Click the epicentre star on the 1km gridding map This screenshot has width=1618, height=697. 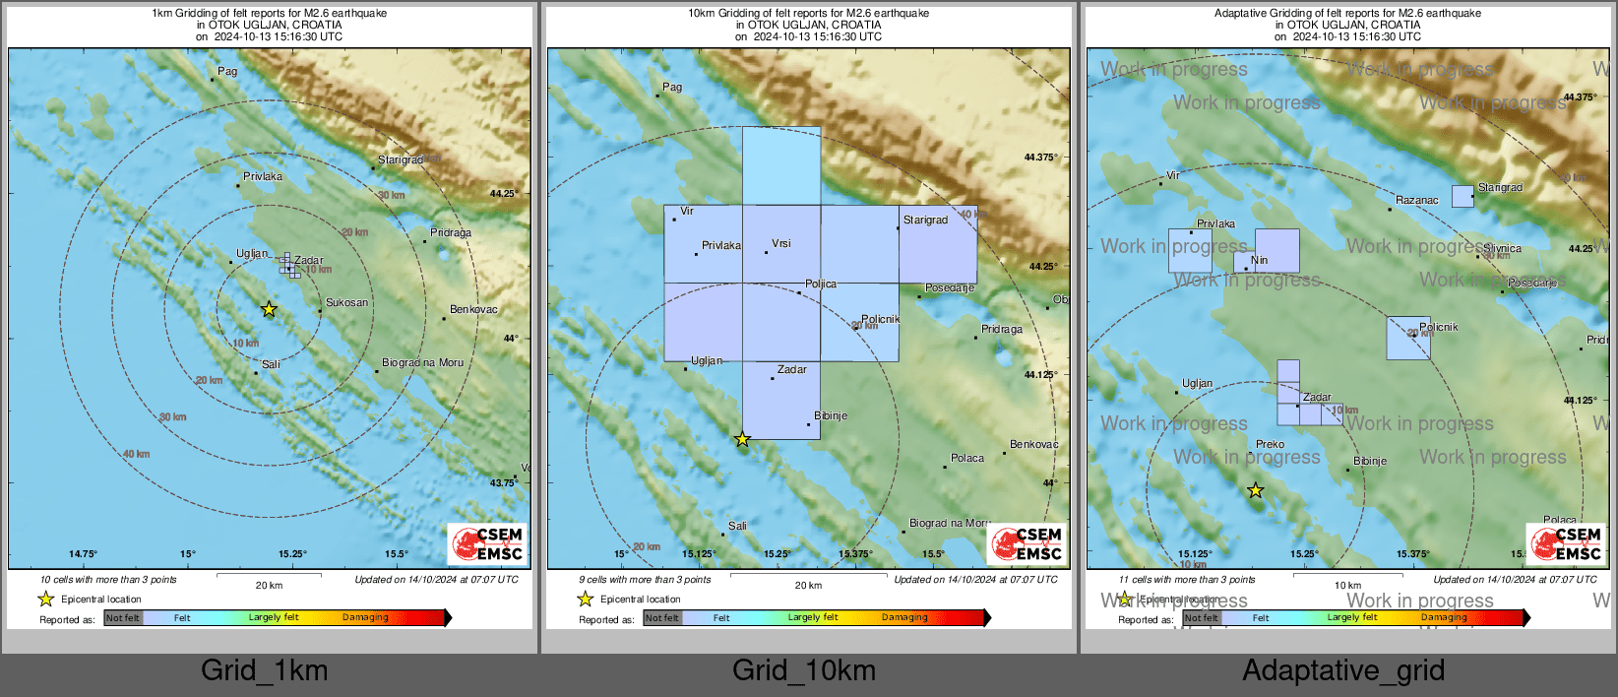pos(269,309)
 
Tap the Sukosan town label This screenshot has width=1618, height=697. pos(346,303)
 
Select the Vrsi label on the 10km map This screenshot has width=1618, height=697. pos(780,243)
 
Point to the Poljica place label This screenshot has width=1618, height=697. pos(821,284)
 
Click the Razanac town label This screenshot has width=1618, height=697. pos(1416,200)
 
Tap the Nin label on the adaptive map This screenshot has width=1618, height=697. pos(1259,261)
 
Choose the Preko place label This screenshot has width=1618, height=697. pos(1270,444)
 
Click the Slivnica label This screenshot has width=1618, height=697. pos(1502,249)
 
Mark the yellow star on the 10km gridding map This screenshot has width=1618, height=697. pos(742,439)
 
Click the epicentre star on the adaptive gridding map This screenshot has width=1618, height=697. pos(1255,490)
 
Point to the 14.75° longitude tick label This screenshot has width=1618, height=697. pos(83,554)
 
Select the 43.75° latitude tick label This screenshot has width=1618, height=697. pos(503,483)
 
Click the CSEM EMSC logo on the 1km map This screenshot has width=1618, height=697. pos(487,543)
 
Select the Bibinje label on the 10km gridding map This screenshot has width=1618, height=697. pos(831,415)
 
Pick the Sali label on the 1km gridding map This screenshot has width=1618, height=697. pos(271,364)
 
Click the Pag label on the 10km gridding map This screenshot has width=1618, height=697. pos(672,87)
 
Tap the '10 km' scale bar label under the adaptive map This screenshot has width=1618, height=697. pos(1347,586)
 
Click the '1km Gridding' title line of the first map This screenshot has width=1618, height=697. pos(269,14)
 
